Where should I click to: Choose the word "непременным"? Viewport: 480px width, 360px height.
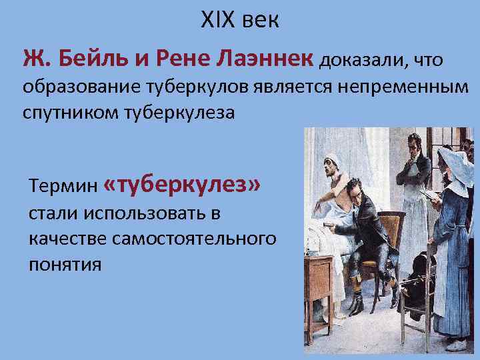402,89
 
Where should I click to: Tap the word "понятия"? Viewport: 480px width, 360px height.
65,263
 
